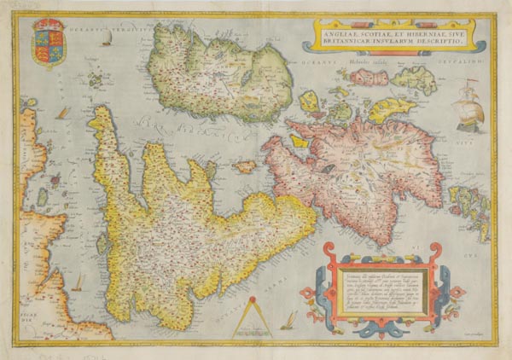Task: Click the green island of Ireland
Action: click(218, 77)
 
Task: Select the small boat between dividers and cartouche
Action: click(290, 319)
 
